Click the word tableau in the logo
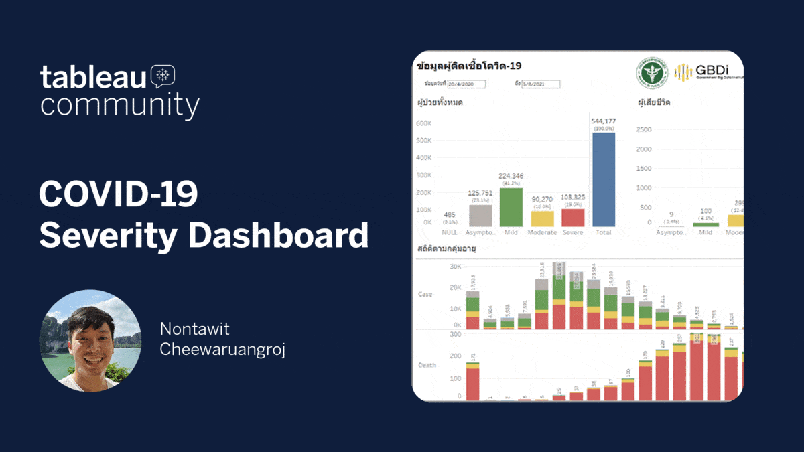[x=92, y=77]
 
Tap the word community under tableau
[x=119, y=106]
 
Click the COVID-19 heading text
[x=118, y=195]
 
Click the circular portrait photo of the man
[x=90, y=340]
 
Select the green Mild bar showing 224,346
[x=511, y=207]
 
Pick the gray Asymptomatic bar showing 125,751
[x=480, y=216]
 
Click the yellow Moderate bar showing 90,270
[x=542, y=219]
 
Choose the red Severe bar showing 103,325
[x=572, y=218]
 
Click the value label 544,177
[x=603, y=121]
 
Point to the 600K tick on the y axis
[x=423, y=123]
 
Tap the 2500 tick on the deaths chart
[x=643, y=129]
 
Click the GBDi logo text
[x=710, y=70]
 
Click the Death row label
[x=427, y=365]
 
